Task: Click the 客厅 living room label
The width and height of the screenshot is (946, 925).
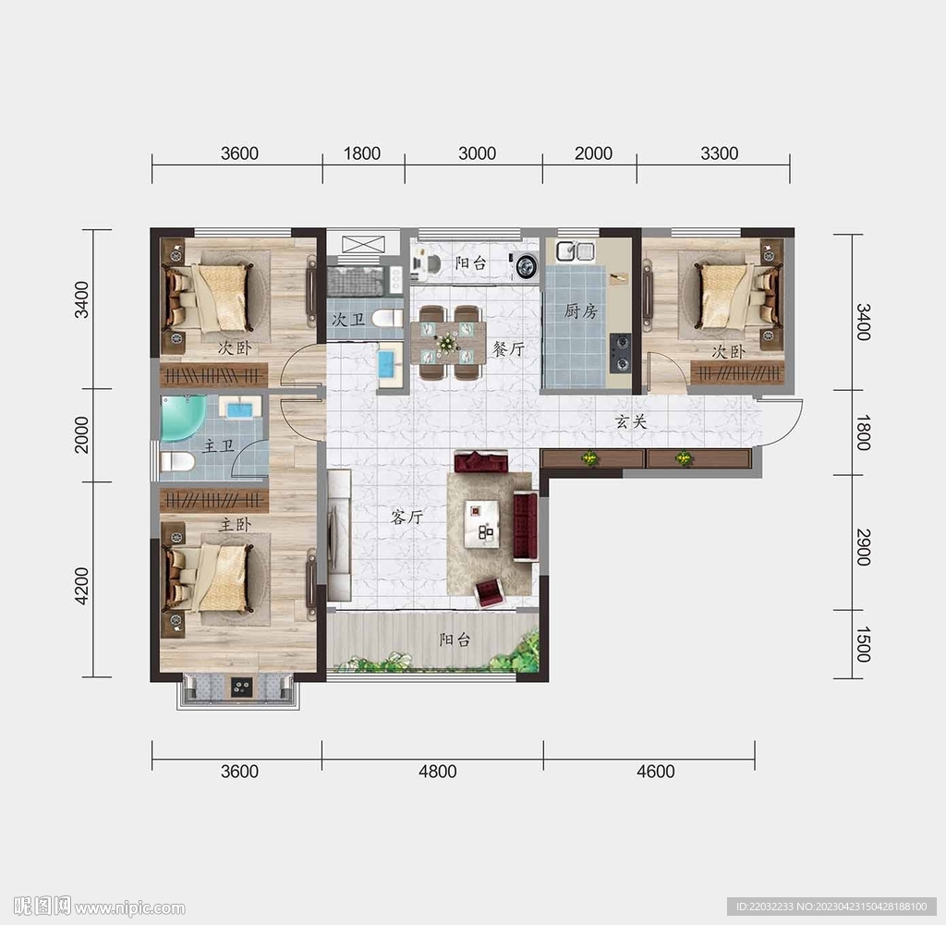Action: point(406,517)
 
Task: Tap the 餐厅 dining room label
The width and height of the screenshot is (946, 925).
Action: point(508,348)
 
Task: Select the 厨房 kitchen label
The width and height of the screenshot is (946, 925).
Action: point(580,310)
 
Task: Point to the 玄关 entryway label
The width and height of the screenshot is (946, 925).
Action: point(631,421)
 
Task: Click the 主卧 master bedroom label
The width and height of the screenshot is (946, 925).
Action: point(235,524)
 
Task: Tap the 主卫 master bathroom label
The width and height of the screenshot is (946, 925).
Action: point(218,446)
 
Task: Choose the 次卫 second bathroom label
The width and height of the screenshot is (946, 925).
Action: point(348,319)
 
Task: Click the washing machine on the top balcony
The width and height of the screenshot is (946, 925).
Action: point(526,266)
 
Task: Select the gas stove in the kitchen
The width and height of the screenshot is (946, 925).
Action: point(620,353)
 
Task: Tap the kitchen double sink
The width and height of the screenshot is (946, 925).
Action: point(576,250)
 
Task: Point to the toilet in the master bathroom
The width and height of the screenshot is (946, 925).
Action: point(177,462)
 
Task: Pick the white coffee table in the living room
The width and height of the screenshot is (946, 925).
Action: point(482,524)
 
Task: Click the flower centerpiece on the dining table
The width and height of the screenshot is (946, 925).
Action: point(447,344)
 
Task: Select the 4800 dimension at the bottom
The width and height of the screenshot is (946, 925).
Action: point(437,771)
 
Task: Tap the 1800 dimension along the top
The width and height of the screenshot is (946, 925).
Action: point(362,153)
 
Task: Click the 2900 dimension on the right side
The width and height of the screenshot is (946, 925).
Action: point(864,547)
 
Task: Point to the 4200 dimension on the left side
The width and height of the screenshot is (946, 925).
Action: point(81,586)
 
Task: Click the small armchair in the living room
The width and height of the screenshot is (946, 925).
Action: point(490,592)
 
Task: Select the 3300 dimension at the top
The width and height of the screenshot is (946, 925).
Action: point(719,153)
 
